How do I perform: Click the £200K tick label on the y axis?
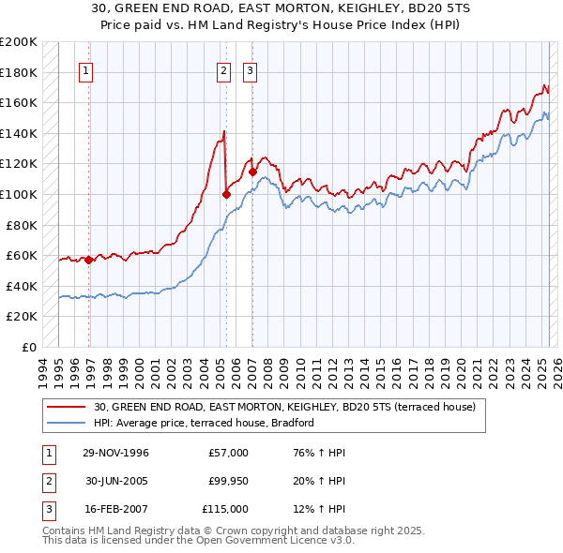point(19,42)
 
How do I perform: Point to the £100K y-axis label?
point(19,194)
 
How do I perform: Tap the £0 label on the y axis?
point(30,347)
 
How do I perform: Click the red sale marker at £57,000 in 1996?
point(88,260)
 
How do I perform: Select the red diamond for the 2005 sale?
point(226,195)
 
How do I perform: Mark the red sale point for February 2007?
point(252,172)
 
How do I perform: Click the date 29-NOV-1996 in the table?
point(115,453)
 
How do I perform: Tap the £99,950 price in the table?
point(226,481)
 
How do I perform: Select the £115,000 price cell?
point(226,509)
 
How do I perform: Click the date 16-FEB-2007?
point(115,509)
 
